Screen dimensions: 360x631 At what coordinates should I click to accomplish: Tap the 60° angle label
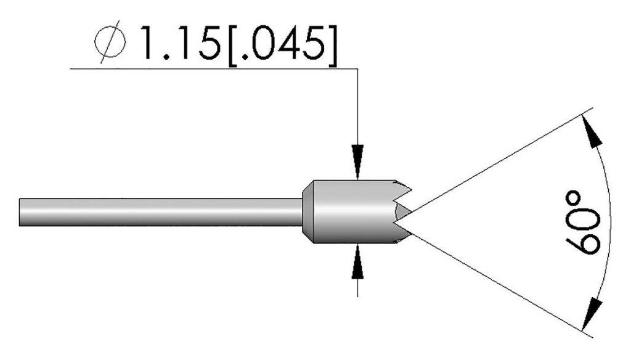click(583, 222)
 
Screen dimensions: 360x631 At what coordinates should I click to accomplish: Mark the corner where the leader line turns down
click(357, 68)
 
